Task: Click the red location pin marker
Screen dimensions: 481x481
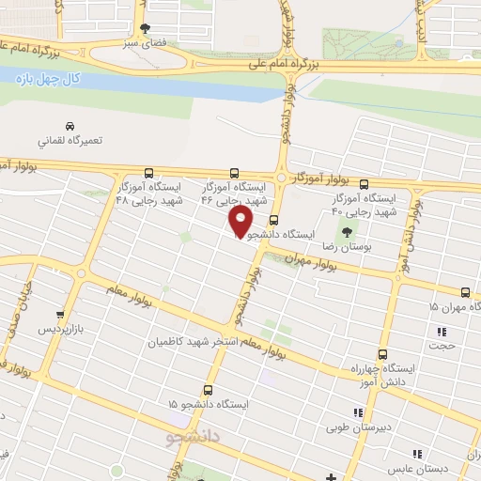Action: [x=241, y=221]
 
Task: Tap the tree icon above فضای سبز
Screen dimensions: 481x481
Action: [x=145, y=28]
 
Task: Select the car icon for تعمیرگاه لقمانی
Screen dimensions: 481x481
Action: [x=69, y=126]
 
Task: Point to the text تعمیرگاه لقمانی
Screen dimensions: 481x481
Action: [x=65, y=142]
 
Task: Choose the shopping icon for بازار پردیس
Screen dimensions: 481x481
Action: [x=61, y=316]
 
